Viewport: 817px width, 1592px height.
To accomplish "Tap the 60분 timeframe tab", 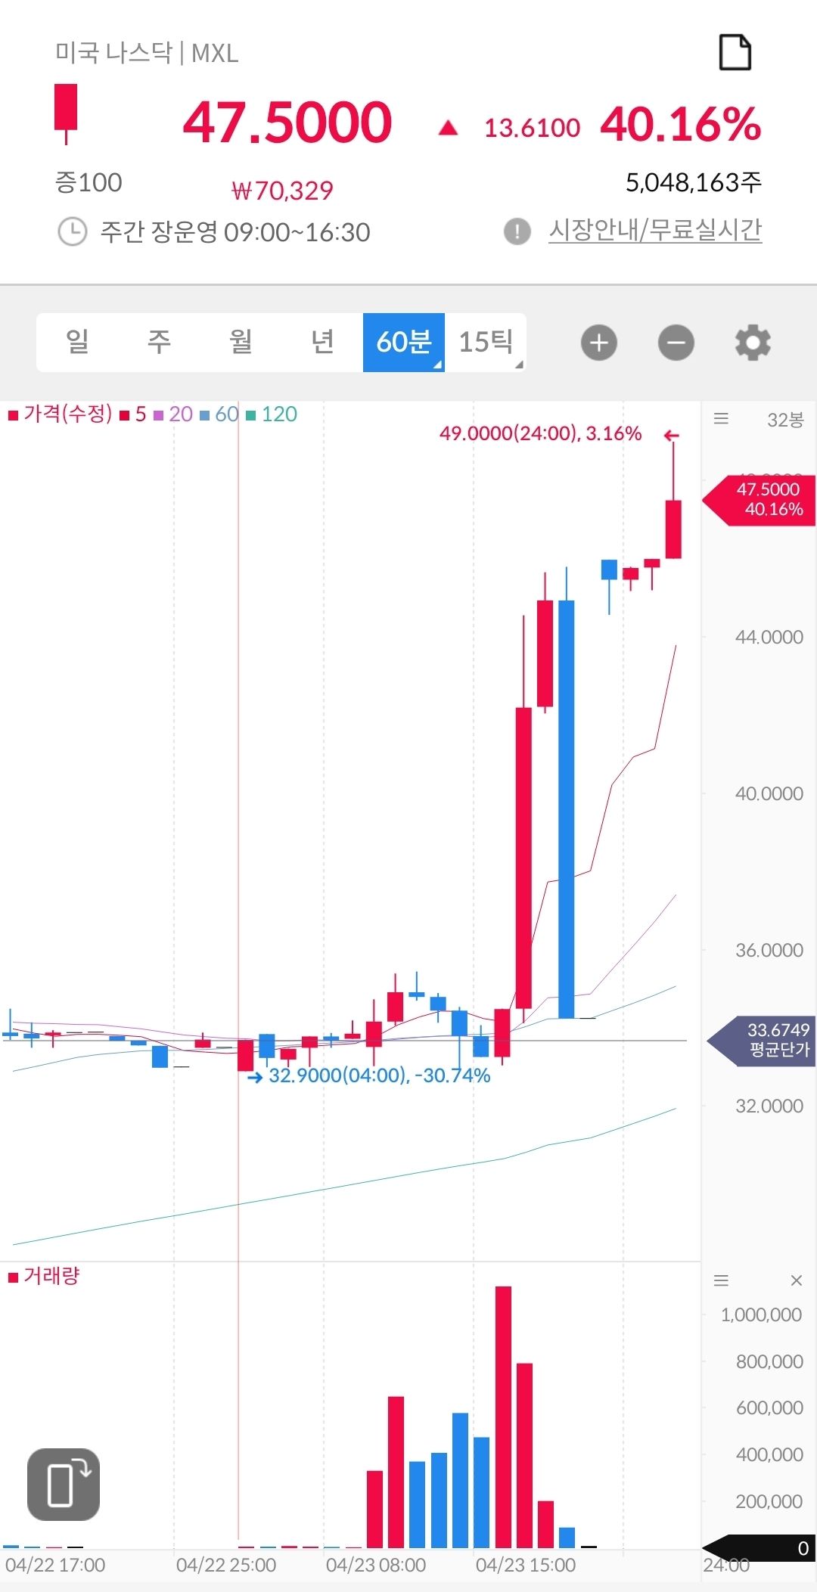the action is coord(404,343).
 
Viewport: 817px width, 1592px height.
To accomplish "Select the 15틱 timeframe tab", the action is coord(486,343).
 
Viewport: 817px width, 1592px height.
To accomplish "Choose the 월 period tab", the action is coord(241,343).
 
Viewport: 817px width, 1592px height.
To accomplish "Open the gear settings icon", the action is coord(753,343).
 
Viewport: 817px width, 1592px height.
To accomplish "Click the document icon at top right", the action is coord(735,53).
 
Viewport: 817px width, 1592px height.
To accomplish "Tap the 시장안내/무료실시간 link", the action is coord(655,230).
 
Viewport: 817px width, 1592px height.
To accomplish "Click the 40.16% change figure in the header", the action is coord(681,124).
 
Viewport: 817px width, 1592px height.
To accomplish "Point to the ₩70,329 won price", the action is coord(282,191).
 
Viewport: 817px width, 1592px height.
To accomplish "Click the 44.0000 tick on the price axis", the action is coord(769,637).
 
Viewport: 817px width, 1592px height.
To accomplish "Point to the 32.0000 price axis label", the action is coord(769,1106).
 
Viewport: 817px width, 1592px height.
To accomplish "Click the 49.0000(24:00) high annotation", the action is coord(540,433).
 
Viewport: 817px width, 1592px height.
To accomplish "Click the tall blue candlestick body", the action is coord(566,809).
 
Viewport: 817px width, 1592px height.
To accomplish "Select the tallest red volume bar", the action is coord(503,1417).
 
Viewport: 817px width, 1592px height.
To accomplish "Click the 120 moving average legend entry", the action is coord(272,414).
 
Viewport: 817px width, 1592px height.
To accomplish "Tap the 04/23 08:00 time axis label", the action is coord(376,1565).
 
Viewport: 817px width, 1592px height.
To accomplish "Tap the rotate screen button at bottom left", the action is coord(64,1484).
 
